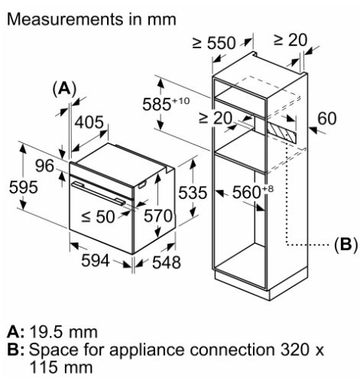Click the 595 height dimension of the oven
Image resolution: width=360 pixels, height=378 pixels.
pyautogui.click(x=23, y=187)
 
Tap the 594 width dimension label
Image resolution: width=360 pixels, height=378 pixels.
pyautogui.click(x=96, y=260)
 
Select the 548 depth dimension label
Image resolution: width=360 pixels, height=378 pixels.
pyautogui.click(x=167, y=262)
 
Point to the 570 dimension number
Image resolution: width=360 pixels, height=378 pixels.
pyautogui.click(x=158, y=216)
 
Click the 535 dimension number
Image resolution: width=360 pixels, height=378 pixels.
pyautogui.click(x=193, y=192)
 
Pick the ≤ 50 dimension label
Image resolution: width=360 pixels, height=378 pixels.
pyautogui.click(x=98, y=217)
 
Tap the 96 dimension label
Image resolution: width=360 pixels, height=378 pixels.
pyautogui.click(x=44, y=165)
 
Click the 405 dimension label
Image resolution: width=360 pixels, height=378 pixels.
pyautogui.click(x=89, y=122)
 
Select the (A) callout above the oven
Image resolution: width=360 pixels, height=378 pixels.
pyautogui.click(x=64, y=89)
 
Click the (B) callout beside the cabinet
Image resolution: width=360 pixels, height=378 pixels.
pyautogui.click(x=345, y=245)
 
